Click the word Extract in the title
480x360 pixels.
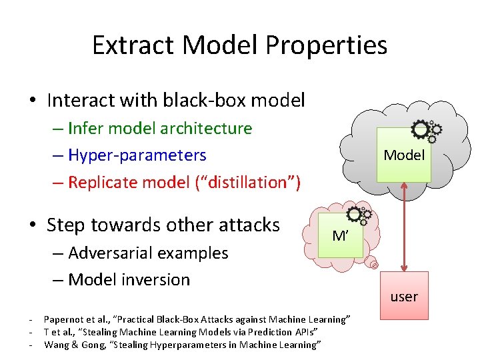pos(133,45)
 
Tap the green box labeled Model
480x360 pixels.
pos(404,155)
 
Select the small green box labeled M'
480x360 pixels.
pos(340,235)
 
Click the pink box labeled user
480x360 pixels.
pos(404,297)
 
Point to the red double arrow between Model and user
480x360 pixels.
pos(404,227)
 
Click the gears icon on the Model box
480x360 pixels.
pos(425,130)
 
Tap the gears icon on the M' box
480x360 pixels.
pos(359,215)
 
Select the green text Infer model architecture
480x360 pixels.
pos(160,128)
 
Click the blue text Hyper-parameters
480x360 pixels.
pos(137,155)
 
